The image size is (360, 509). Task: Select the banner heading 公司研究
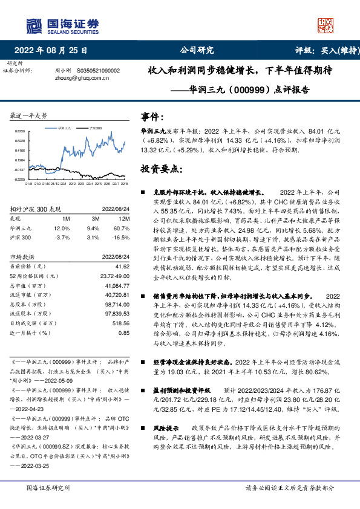click(x=197, y=51)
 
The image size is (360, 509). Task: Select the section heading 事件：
click(x=152, y=117)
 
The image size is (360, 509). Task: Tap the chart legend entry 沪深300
click(x=94, y=129)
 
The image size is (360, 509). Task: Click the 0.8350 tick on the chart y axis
click(x=21, y=131)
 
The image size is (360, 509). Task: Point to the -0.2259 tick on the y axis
click(x=21, y=180)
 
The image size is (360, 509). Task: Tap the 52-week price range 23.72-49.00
click(x=114, y=276)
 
